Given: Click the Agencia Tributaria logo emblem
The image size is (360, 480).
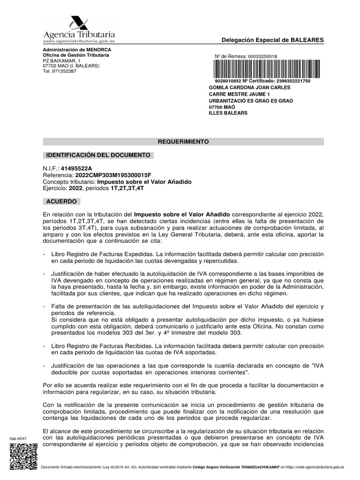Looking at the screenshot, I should tap(79, 23).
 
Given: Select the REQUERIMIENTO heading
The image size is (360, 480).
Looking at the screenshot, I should tap(183, 141).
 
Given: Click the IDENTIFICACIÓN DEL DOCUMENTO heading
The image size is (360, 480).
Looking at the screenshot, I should tap(97, 155).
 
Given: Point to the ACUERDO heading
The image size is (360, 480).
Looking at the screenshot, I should tap(62, 202).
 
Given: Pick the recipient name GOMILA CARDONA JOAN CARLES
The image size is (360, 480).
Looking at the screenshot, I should tap(249, 88).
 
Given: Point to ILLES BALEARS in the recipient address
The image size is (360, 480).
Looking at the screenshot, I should tap(228, 113).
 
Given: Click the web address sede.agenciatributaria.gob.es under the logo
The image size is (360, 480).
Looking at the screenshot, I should tap(78, 41).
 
